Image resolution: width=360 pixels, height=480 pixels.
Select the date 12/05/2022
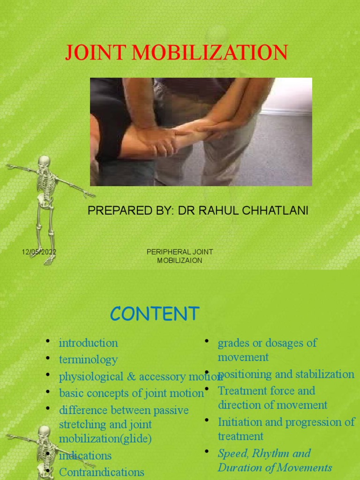coord(39,252)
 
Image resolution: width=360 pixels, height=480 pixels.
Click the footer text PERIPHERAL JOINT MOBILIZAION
coord(180,256)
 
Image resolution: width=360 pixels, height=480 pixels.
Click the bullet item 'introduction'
coord(88,343)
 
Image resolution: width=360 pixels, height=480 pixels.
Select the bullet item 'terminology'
coord(88,360)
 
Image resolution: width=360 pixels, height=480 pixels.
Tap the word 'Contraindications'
coord(102,472)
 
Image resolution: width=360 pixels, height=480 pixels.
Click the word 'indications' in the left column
coord(85,455)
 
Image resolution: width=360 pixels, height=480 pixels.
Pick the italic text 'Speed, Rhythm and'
coord(264,453)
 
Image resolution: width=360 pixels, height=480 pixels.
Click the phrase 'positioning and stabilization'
coord(286,374)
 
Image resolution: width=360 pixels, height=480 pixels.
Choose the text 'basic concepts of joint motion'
coord(131,393)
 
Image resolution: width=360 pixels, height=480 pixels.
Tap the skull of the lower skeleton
coord(44,432)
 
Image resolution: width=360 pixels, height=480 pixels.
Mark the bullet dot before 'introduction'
coord(48,341)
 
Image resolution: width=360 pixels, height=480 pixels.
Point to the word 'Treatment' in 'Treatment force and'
coord(241,390)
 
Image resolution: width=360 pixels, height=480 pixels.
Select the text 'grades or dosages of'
coord(267,343)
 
